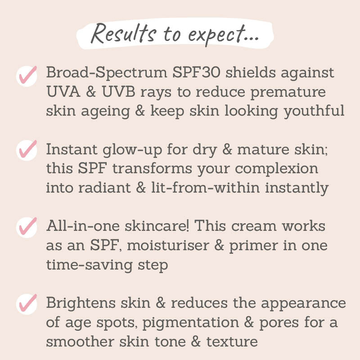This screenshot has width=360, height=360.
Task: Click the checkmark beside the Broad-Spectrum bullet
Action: tap(27, 75)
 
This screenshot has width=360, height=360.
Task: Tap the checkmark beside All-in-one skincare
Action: tap(27, 226)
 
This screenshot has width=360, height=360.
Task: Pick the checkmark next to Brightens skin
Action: tap(27, 303)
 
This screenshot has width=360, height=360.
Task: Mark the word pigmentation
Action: tap(202, 322)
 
